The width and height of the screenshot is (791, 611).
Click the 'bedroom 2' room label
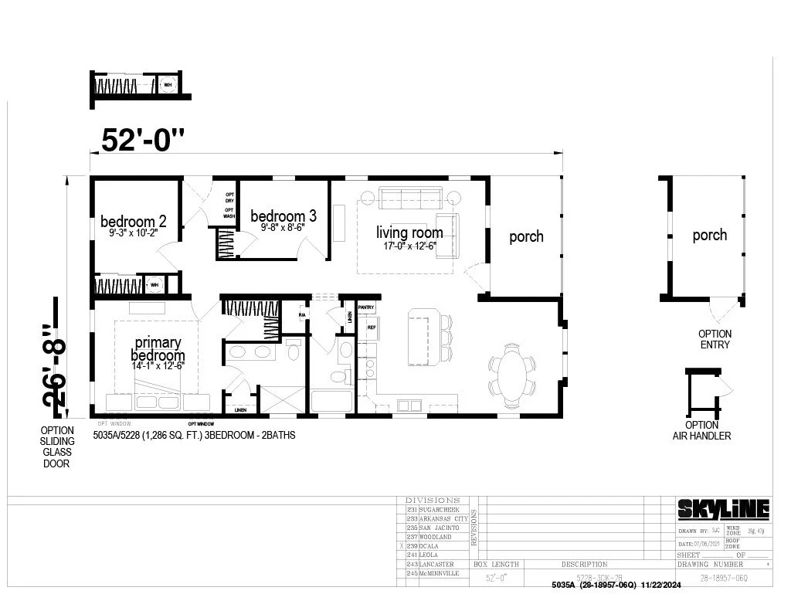point(132,223)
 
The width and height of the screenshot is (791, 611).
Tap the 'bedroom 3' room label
point(283,216)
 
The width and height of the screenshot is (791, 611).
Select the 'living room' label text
point(409,233)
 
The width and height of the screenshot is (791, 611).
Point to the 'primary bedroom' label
point(158,349)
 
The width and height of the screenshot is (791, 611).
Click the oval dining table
point(511,375)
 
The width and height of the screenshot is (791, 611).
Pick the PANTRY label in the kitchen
point(366,307)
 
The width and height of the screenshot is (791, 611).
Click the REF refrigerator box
point(371,328)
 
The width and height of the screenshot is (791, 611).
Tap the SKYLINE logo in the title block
point(723,509)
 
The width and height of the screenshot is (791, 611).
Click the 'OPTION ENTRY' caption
point(715,339)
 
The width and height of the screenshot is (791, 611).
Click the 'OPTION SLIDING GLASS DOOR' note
point(57,447)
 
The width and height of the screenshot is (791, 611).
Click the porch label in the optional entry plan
point(709,235)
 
